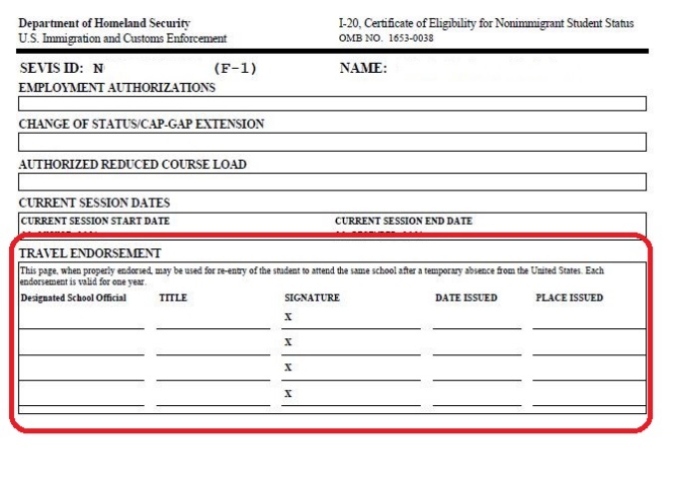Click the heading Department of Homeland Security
pos(104,23)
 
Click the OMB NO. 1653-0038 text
pos(387,38)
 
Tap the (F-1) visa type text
pos(235,69)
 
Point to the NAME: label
pos(364,69)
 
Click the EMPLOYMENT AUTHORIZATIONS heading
pos(117,88)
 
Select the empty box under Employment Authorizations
pos(332,104)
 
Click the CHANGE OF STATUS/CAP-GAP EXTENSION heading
pos(142,125)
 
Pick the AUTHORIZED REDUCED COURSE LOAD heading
pos(133,165)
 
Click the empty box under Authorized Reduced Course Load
pos(332,182)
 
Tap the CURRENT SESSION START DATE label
pos(96,221)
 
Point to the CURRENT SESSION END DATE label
pos(404,221)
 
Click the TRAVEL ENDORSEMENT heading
pos(90,253)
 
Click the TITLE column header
pos(172,297)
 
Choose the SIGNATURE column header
pos(312,297)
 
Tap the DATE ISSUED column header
pos(466,297)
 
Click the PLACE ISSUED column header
pos(569,297)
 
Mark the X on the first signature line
pos(288,317)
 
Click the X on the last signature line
pos(288,393)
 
